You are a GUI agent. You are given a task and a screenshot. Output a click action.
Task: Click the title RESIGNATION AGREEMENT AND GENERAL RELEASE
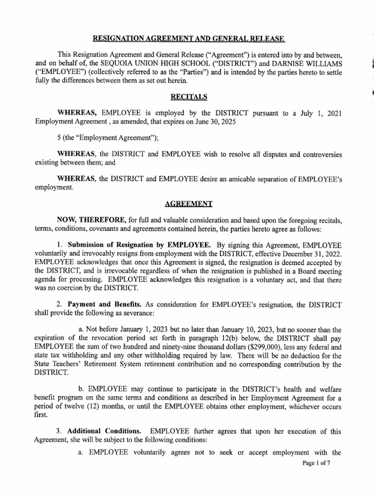click(x=187, y=38)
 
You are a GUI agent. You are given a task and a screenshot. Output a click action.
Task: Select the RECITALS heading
click(x=187, y=97)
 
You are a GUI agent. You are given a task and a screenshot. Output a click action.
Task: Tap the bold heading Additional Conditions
click(x=104, y=431)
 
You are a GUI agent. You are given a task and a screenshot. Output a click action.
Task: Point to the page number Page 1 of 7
click(x=316, y=463)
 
